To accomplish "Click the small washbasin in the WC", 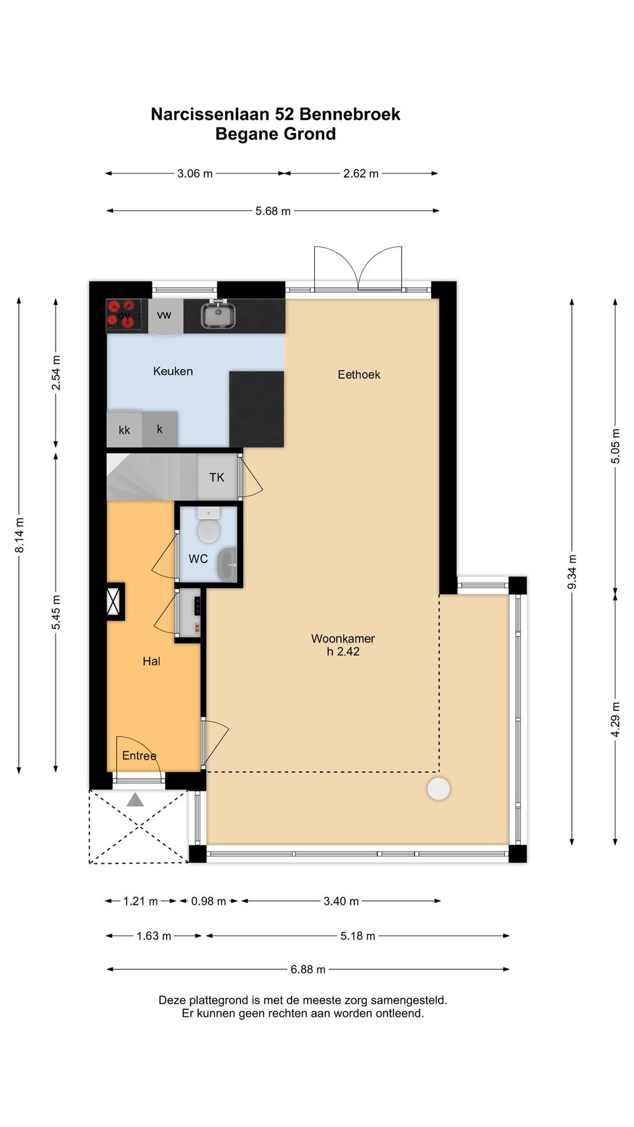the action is [227, 563].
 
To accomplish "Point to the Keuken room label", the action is [173, 371].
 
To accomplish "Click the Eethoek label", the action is [359, 374].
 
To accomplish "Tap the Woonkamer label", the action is [343, 639].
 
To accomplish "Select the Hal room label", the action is [151, 661].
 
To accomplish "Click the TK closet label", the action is [217, 477].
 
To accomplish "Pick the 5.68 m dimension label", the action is [273, 211].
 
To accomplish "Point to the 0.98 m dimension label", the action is [208, 901].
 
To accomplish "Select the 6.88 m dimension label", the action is [308, 969].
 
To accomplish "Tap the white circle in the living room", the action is [439, 789].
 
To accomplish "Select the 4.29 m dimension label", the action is [615, 719].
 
